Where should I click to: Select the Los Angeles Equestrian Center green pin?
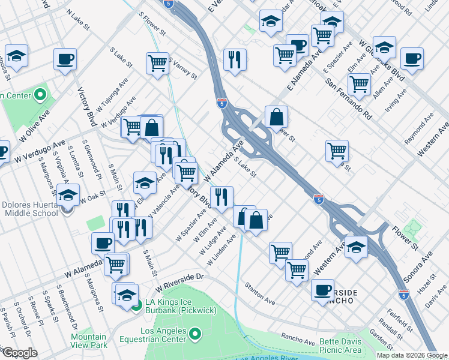[x=196, y=334]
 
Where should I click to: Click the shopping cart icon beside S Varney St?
[x=157, y=62]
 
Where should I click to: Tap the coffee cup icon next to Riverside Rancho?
[x=323, y=290]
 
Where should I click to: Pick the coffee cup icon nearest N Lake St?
[x=65, y=59]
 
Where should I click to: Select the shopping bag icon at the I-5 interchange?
[x=276, y=118]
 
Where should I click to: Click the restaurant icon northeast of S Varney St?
[x=234, y=59]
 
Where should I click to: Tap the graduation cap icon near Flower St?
[x=356, y=247]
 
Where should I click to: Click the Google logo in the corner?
[x=20, y=353]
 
